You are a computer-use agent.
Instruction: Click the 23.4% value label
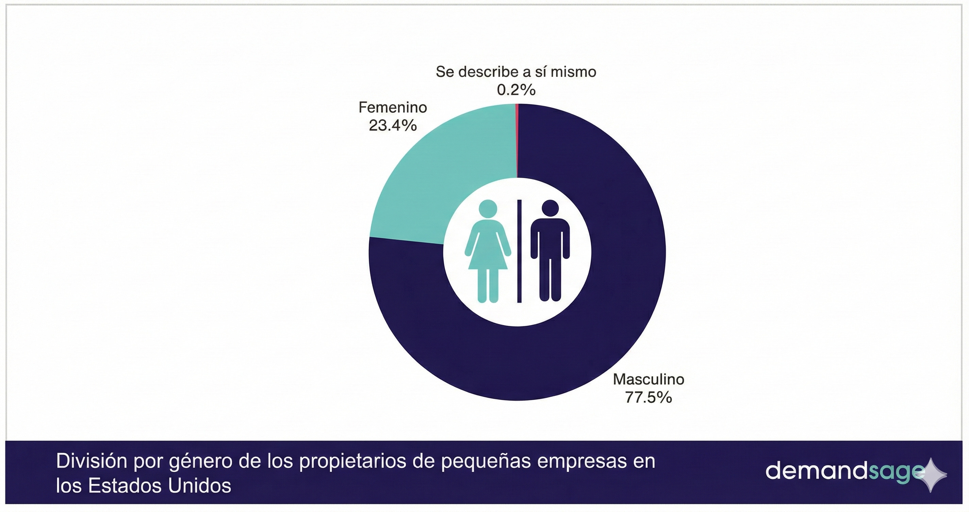[x=393, y=125]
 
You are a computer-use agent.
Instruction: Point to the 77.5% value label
[x=648, y=398]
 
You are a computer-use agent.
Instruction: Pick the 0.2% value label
[x=516, y=90]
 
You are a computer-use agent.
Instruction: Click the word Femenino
[x=393, y=108]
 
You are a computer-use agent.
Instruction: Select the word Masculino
[x=648, y=380]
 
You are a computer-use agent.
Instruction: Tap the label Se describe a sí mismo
[x=516, y=71]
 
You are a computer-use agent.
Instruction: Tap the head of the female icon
[x=488, y=209]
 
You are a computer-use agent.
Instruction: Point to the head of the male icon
[x=550, y=209]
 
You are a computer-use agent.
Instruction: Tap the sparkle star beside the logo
[x=931, y=476]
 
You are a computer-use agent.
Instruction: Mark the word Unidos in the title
[x=199, y=486]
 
